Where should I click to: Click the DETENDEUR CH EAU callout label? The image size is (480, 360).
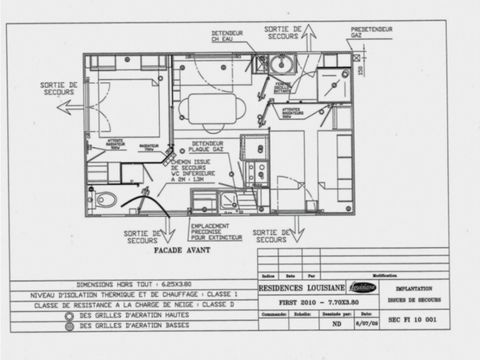coord(226,37)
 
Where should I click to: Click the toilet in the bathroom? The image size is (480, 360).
coord(106,199)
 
